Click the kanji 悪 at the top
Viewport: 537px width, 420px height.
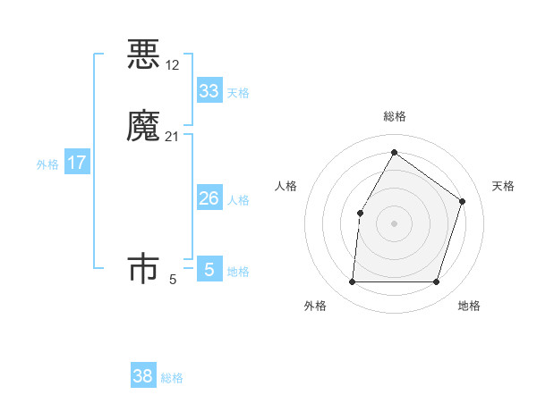(143, 55)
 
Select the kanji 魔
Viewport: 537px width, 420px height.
(143, 126)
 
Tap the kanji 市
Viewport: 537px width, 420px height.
(143, 269)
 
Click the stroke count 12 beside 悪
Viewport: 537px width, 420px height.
(173, 65)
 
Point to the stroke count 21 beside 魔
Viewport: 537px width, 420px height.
(173, 137)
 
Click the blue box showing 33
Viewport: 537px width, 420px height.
(209, 91)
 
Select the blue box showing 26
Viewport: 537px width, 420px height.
(209, 198)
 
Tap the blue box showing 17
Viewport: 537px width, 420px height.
(77, 163)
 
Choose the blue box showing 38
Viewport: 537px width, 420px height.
(143, 376)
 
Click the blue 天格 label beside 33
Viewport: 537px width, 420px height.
(238, 93)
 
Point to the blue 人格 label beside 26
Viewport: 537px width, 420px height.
(238, 200)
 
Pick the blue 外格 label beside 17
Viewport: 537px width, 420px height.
(47, 164)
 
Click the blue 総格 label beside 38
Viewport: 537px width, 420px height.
(172, 378)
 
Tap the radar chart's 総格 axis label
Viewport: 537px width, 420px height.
(394, 116)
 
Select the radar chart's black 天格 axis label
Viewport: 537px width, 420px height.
(504, 186)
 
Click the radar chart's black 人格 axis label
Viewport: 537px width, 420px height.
(286, 186)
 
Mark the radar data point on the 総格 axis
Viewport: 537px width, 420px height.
(394, 153)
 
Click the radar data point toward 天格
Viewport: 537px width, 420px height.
(463, 201)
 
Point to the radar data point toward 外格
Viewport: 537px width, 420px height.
(352, 282)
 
